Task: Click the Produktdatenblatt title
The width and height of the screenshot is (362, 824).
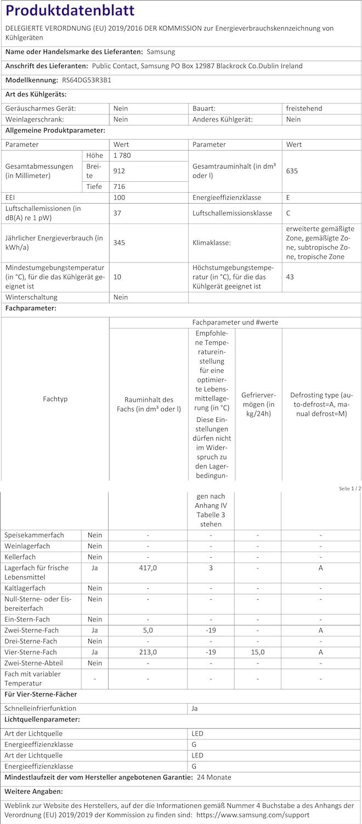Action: point(70,11)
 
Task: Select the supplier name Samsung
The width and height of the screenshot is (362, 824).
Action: point(161,52)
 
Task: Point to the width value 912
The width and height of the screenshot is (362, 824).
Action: point(119,171)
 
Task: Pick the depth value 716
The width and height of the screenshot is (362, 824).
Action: point(119,187)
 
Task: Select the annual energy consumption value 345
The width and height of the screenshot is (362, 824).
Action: point(119,242)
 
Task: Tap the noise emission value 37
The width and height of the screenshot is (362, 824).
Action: point(117,213)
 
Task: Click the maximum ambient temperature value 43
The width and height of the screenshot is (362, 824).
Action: point(290,276)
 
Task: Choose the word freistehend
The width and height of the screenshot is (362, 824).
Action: point(304,108)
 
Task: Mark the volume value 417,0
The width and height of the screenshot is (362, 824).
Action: point(148,567)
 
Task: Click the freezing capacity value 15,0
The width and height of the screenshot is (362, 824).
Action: point(258,652)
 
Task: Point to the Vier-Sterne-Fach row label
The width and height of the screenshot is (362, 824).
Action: point(31,652)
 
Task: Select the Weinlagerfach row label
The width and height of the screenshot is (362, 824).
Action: point(27,546)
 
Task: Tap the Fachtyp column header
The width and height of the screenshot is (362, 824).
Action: point(55,399)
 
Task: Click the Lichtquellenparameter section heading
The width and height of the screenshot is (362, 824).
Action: point(42,719)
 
